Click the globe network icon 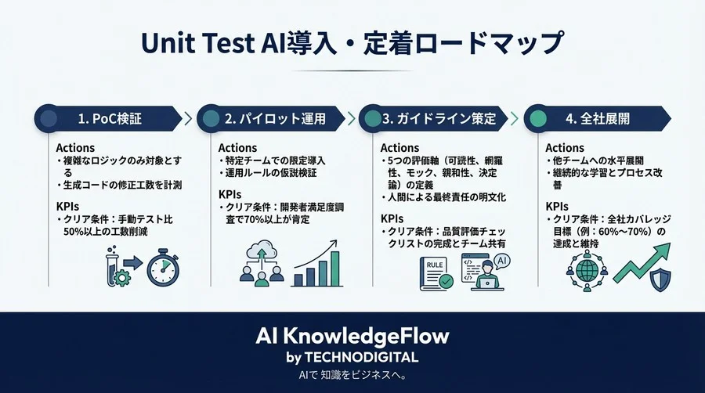point(585,269)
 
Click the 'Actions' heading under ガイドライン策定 point(399,148)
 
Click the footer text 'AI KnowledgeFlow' point(352,337)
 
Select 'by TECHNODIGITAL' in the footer point(352,357)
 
